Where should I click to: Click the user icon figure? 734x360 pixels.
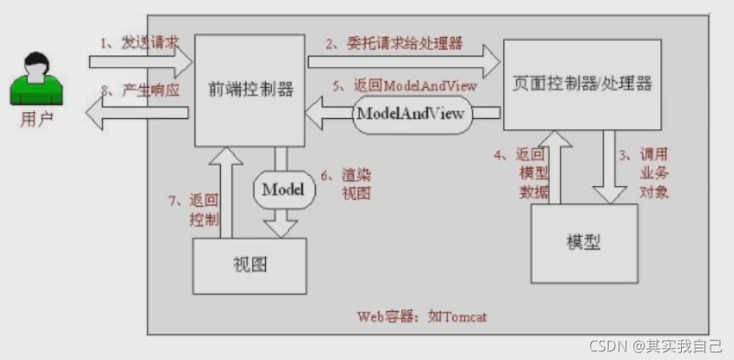pyautogui.click(x=36, y=79)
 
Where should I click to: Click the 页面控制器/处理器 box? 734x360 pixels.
pyautogui.click(x=582, y=83)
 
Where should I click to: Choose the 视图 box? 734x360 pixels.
pyautogui.click(x=250, y=265)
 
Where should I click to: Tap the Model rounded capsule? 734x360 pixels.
pyautogui.click(x=281, y=189)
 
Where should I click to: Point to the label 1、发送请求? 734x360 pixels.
pyautogui.click(x=140, y=43)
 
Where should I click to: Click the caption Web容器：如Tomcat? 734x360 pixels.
pyautogui.click(x=422, y=316)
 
